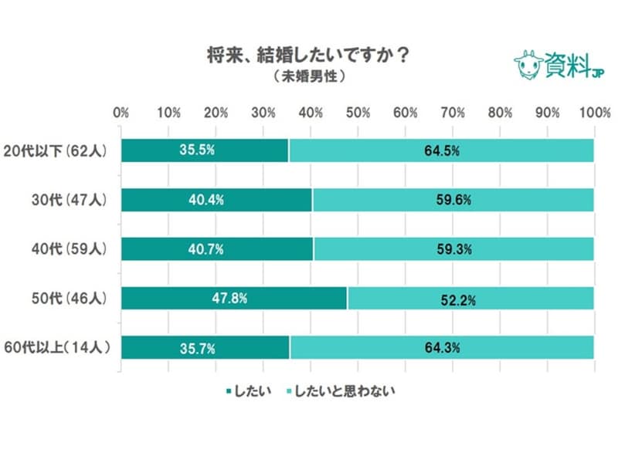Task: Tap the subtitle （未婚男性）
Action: click(x=308, y=78)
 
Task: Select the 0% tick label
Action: click(x=121, y=113)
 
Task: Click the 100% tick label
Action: click(x=594, y=113)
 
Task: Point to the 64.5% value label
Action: click(x=442, y=150)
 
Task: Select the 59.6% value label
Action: click(x=453, y=200)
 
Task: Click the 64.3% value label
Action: click(x=442, y=348)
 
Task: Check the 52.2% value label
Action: click(x=470, y=299)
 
